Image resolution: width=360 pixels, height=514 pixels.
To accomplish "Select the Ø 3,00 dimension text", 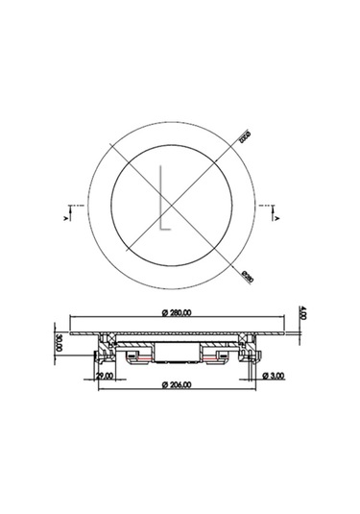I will click(276, 376).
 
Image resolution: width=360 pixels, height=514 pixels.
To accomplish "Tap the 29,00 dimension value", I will click(104, 376).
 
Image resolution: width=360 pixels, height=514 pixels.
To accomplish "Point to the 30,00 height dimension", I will click(59, 343).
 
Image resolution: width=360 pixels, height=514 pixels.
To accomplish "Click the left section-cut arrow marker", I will click(66, 213).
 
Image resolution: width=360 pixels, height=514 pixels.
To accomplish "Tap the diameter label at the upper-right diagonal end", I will click(245, 139).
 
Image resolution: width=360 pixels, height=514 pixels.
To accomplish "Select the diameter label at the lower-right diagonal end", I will click(245, 276).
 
